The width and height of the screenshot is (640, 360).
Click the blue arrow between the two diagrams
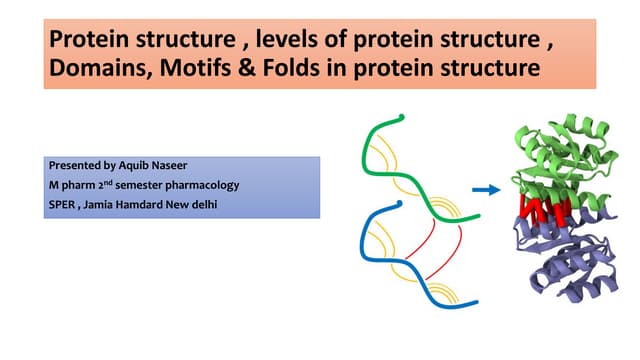pos(485,188)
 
